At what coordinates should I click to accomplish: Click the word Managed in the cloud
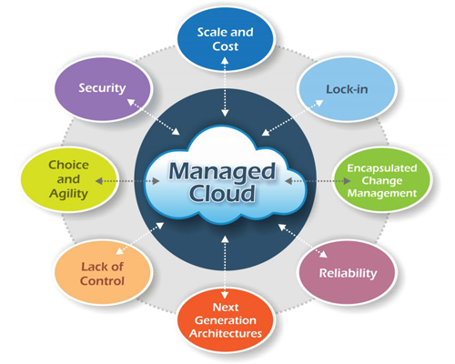point(222,172)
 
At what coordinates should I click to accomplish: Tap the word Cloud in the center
point(222,193)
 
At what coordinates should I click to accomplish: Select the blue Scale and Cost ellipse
point(226,39)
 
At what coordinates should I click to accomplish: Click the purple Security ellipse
point(103,89)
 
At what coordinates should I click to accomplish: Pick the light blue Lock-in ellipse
point(347,89)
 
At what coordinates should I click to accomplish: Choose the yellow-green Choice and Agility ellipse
point(68,179)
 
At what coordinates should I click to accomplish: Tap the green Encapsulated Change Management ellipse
point(382,179)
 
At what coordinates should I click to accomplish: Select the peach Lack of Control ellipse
point(103,272)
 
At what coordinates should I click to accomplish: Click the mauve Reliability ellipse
point(348,272)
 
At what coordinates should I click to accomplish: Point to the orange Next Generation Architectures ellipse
point(226,320)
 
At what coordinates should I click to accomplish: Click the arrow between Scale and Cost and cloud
point(225,87)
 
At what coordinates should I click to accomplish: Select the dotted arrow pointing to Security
point(153,117)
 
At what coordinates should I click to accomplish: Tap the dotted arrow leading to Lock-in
point(292,117)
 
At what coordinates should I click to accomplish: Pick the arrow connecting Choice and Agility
point(127,181)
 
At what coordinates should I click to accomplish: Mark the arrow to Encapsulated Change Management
point(318,181)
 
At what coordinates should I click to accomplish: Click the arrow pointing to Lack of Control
point(140,238)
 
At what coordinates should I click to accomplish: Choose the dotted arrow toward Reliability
point(303,240)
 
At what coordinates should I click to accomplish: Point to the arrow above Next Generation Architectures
point(225,268)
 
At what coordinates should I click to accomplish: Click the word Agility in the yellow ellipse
point(68,194)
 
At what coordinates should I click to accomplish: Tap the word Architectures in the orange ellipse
point(226,333)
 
